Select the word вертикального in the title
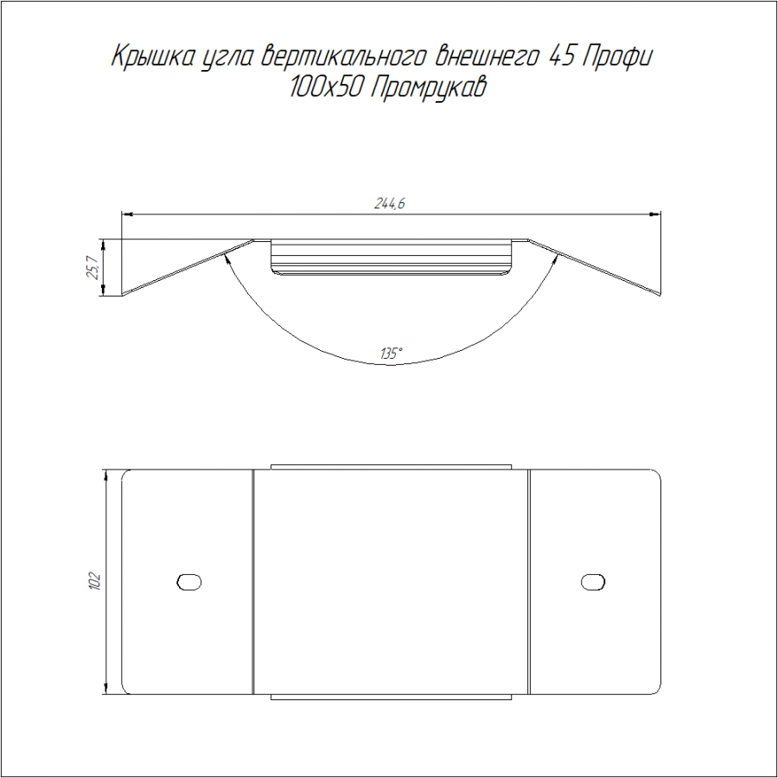pyautogui.click(x=342, y=57)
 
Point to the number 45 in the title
pyautogui.click(x=561, y=57)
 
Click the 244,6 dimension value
pyautogui.click(x=389, y=203)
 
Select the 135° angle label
pyautogui.click(x=391, y=354)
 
